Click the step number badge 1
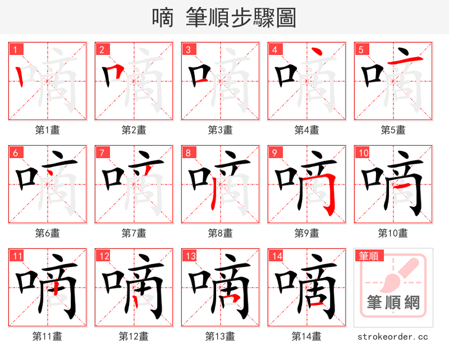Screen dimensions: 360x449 click(15, 49)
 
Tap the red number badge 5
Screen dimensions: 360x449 click(361, 49)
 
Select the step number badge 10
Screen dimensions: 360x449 click(363, 153)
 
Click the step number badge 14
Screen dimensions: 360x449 click(276, 256)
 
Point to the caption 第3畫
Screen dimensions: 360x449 click(220, 130)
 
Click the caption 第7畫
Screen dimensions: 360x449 click(134, 233)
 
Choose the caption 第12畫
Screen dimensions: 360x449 click(134, 336)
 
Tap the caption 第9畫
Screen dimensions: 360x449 click(306, 233)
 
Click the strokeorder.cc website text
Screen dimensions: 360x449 click(393, 336)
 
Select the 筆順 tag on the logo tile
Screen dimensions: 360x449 click(369, 256)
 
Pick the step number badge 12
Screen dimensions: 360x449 click(103, 256)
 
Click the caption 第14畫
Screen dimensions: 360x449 click(306, 336)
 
